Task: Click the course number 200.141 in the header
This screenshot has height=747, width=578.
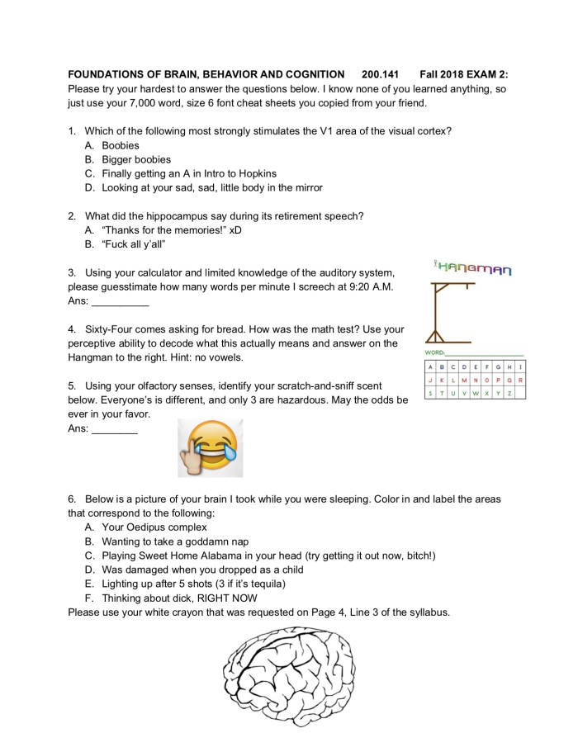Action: (380, 74)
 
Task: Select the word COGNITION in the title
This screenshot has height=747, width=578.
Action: (311, 74)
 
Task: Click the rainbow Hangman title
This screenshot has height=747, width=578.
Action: (473, 268)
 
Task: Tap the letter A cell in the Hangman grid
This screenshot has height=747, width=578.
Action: (430, 366)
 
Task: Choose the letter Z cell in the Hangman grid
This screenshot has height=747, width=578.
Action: (512, 393)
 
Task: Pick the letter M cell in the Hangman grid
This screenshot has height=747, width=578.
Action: (472, 380)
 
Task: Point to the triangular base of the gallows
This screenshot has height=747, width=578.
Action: (435, 338)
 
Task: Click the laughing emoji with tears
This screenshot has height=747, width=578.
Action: (211, 447)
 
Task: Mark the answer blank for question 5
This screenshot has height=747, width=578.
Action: (114, 430)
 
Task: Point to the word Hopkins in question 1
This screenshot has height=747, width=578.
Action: (257, 173)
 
